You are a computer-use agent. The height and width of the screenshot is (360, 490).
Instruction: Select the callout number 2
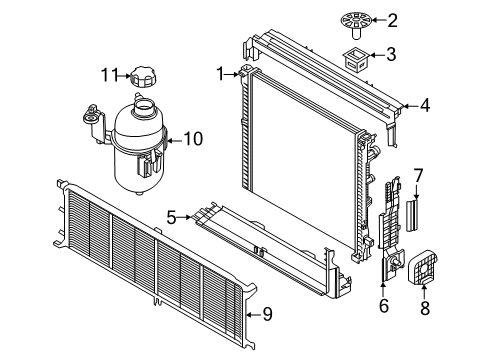(x=393, y=20)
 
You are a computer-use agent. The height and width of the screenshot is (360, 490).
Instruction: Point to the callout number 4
(x=425, y=103)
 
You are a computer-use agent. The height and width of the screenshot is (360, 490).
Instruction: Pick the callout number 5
(x=171, y=216)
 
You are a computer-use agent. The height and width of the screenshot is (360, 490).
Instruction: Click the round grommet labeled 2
(x=354, y=20)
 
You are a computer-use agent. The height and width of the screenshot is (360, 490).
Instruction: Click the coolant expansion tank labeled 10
(x=138, y=143)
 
